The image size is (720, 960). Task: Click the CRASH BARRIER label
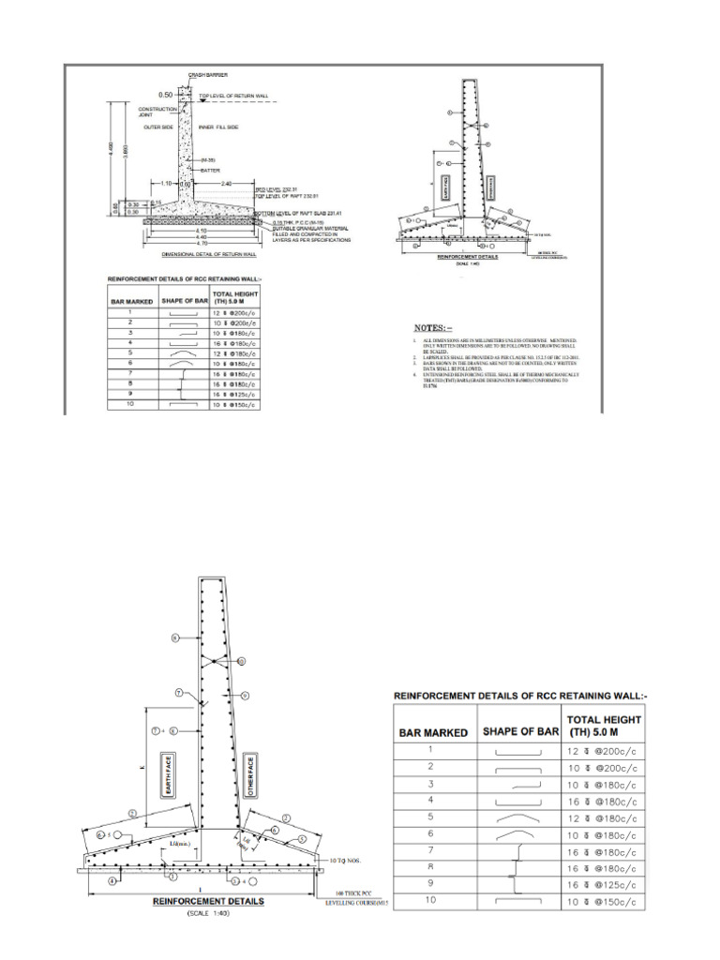point(208,74)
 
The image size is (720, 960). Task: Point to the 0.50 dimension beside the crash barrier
point(165,95)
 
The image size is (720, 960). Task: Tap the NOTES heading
point(432,328)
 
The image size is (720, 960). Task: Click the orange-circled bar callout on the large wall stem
point(242,661)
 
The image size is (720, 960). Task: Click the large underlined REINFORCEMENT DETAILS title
point(208,902)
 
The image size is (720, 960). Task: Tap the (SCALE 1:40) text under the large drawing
point(208,914)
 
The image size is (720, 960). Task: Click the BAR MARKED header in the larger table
point(434,732)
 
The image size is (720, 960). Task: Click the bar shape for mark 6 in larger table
point(516,833)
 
